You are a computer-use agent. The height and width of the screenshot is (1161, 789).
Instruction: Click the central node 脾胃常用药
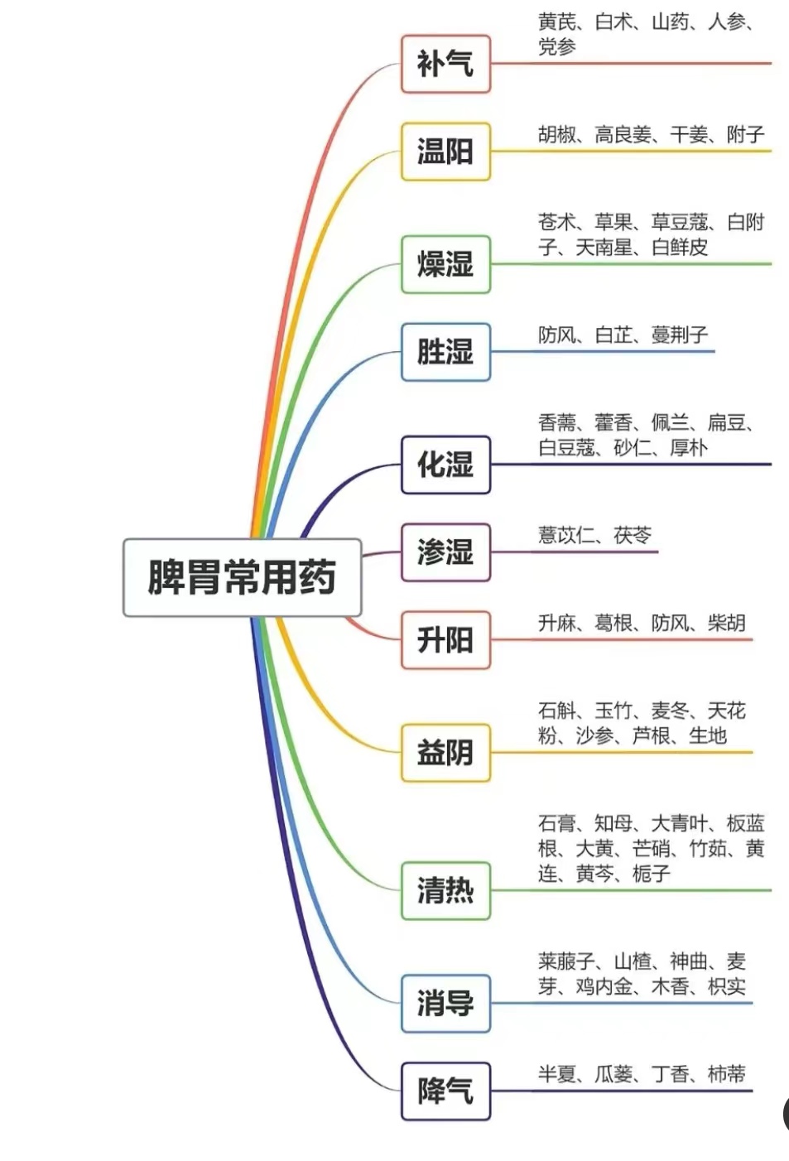242,577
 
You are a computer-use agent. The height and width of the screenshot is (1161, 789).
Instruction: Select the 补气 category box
445,64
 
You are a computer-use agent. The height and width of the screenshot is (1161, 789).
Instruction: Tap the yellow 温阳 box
445,152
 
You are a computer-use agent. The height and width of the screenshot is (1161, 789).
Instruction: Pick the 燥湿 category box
445,264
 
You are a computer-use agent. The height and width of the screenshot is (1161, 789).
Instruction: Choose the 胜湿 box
445,352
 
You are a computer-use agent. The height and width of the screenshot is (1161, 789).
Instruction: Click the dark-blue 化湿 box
445,465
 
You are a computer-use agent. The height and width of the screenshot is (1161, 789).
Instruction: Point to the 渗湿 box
445,552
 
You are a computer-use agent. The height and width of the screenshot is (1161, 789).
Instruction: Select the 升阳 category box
445,640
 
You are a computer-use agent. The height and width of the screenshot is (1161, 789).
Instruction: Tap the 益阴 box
445,753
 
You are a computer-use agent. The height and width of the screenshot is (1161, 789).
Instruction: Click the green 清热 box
445,890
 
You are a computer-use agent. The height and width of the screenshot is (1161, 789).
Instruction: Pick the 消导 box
445,1004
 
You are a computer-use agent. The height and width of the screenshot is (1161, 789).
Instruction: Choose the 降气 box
445,1091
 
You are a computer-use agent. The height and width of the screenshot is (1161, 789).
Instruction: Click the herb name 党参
557,46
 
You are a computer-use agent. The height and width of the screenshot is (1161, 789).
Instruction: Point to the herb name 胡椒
557,134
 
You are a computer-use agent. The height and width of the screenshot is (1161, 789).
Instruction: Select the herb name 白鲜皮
680,247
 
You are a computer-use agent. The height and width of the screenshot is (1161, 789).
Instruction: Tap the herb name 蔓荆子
680,335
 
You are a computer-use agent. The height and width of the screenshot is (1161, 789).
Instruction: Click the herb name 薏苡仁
566,535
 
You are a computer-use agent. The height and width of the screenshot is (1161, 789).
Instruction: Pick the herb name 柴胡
727,623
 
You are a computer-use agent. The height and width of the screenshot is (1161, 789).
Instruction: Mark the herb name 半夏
557,1074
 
